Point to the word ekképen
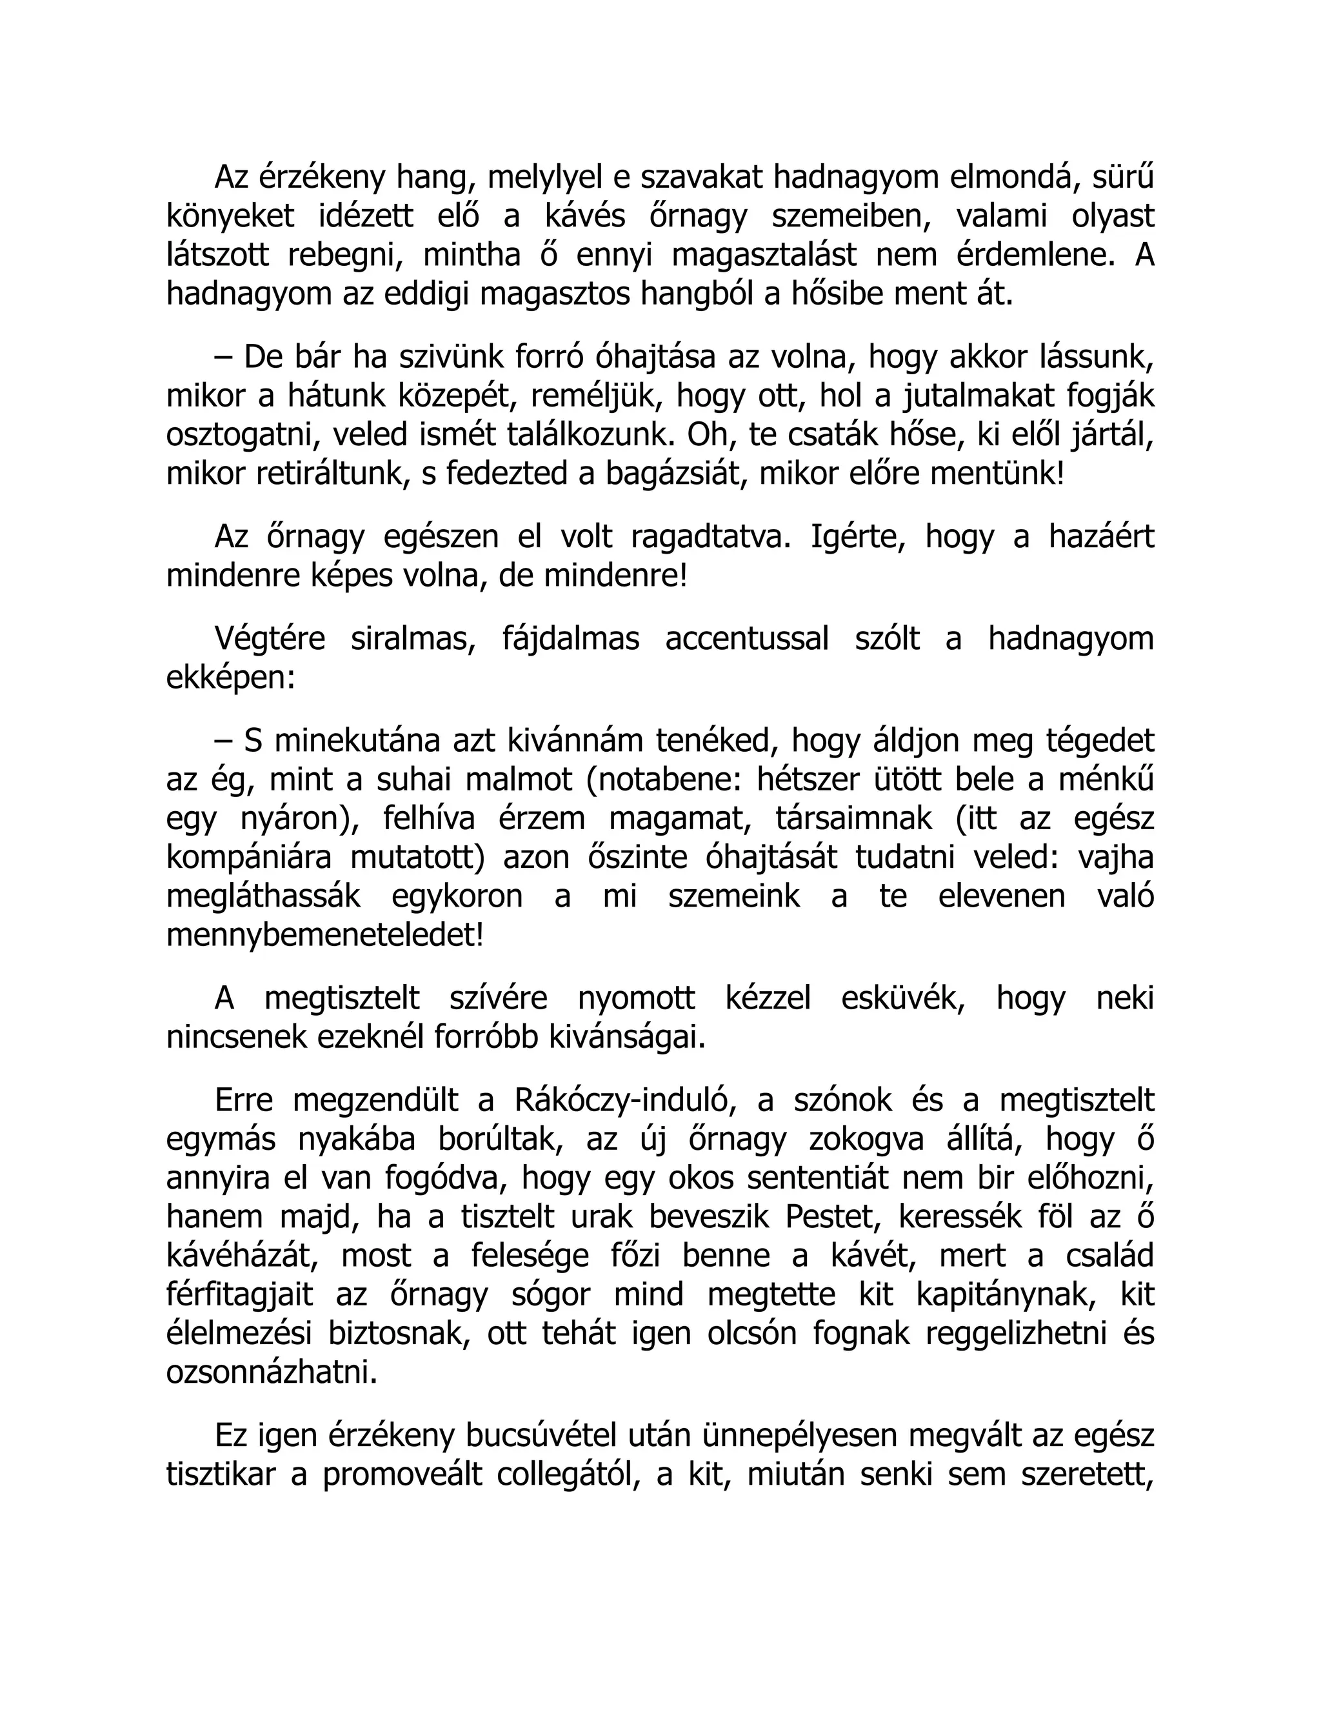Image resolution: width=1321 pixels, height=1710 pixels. coord(231,678)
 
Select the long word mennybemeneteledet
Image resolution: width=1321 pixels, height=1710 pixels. coord(325,936)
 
